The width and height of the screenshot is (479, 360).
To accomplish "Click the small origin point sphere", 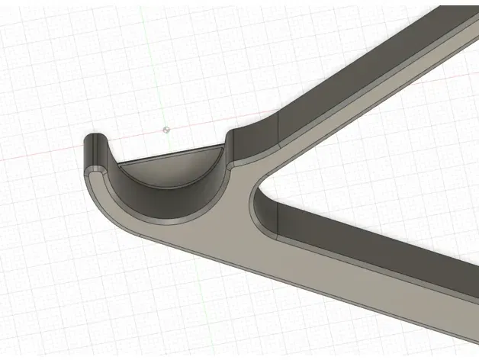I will point(167,130).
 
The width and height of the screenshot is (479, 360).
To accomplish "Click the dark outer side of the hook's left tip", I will point(86,153).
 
